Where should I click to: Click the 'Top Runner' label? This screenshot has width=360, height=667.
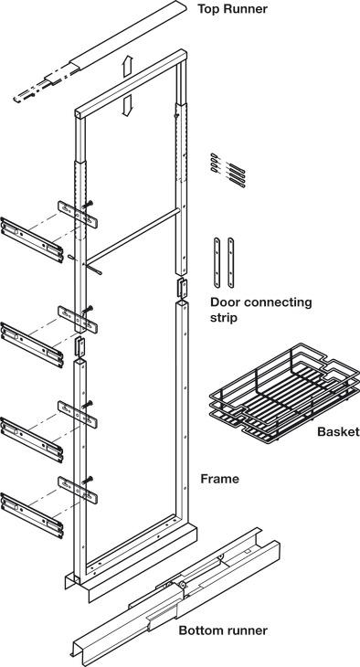[x=232, y=8]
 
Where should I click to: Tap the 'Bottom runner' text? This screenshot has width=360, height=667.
[x=223, y=630]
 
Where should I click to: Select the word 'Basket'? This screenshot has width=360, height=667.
[x=338, y=432]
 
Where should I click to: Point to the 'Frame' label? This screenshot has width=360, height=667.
[x=219, y=479]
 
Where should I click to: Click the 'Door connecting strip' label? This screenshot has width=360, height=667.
[x=260, y=311]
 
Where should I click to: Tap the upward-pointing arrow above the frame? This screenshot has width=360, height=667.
[x=127, y=67]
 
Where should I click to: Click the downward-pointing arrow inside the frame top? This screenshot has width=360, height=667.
[x=127, y=105]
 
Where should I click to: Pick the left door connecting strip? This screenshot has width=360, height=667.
[x=217, y=263]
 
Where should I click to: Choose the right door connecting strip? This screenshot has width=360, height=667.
[x=230, y=263]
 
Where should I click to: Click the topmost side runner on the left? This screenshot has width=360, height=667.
[x=32, y=239]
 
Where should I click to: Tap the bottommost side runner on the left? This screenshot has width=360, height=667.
[x=32, y=515]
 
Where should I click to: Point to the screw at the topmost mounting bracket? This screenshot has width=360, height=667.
[x=88, y=205]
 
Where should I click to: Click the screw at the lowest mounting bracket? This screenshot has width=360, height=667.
[x=88, y=480]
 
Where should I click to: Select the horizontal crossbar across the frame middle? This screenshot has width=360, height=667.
[x=132, y=235]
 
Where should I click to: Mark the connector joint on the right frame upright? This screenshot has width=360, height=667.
[x=183, y=288]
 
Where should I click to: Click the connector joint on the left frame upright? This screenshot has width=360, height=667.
[x=80, y=346]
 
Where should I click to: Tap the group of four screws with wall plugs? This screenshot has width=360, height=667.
[x=228, y=170]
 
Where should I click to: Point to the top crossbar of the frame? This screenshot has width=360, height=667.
[x=131, y=83]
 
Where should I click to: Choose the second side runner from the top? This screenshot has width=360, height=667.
[x=32, y=344]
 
